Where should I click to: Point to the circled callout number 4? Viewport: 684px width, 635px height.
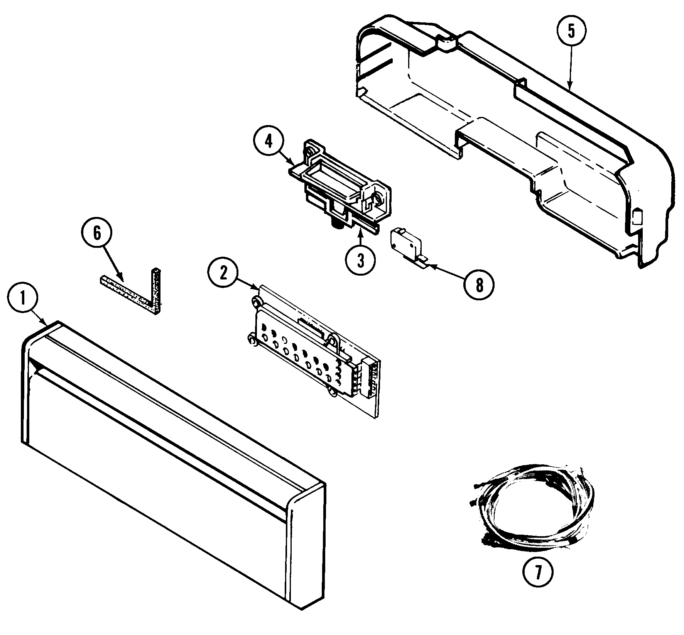click(269, 142)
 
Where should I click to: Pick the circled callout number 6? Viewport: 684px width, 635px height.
click(97, 233)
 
